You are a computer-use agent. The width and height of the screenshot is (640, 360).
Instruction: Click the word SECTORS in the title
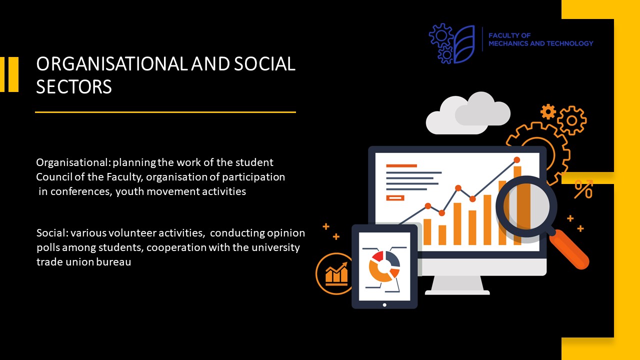73,87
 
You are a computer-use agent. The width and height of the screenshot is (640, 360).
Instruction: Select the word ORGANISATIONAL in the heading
112,63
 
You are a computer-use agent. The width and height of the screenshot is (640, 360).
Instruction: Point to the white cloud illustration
467,113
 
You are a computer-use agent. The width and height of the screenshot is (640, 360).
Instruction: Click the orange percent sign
583,189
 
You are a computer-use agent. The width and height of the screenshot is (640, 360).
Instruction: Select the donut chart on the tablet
384,266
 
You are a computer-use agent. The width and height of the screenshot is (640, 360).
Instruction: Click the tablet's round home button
384,305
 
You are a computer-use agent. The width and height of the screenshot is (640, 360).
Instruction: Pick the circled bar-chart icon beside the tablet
334,273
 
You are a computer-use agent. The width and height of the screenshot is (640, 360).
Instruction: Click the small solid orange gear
548,111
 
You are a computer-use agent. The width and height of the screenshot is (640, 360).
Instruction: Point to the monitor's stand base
457,292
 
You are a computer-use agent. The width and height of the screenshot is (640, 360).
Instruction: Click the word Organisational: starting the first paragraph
73,162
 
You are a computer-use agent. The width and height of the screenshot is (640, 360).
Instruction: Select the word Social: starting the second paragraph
52,233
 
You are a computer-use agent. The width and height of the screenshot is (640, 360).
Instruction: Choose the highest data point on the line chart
517,159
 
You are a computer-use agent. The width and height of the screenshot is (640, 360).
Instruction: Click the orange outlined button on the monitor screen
395,197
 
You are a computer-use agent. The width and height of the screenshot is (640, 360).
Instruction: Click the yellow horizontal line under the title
165,112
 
